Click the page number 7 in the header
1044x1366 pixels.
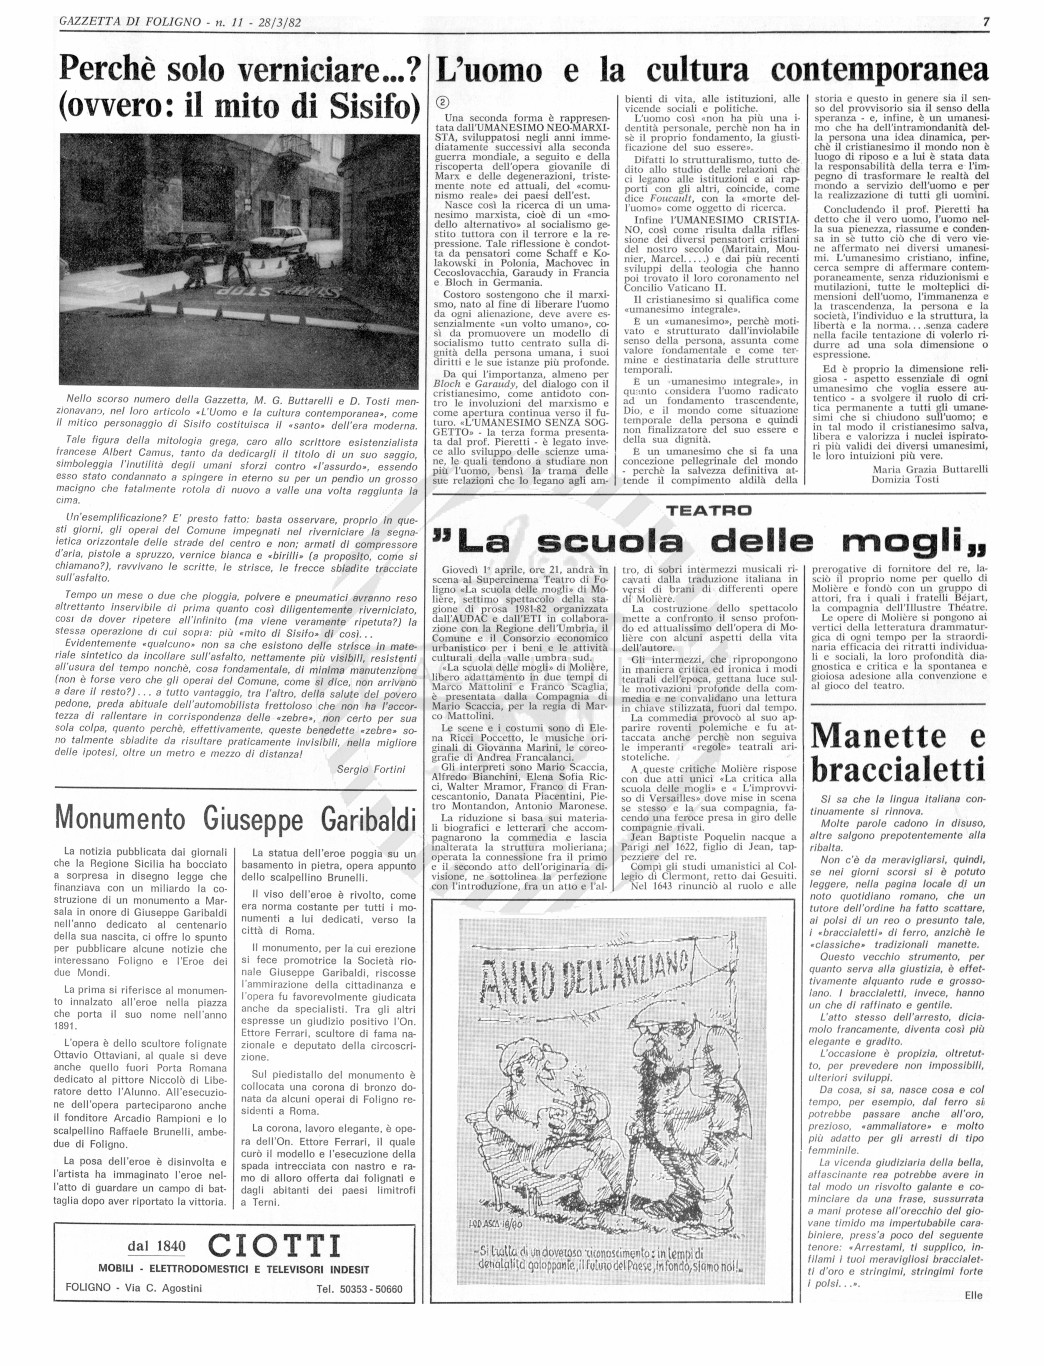986,22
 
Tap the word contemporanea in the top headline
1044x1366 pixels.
879,71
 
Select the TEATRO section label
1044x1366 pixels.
708,511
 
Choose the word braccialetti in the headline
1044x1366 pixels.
898,771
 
